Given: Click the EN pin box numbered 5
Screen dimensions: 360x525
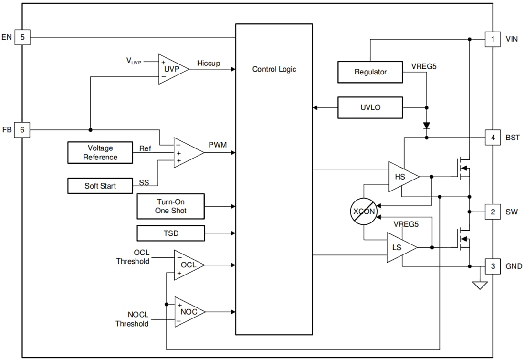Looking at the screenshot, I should pyautogui.click(x=22, y=37).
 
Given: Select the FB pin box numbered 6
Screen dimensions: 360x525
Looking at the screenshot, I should pyautogui.click(x=22, y=130).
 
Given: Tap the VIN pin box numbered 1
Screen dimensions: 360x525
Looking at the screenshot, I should pyautogui.click(x=493, y=39).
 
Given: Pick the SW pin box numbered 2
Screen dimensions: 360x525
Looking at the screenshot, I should pyautogui.click(x=493, y=212).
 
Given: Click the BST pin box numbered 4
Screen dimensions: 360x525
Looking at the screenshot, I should pyautogui.click(x=493, y=138).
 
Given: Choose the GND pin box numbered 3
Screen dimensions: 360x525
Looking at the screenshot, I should pyautogui.click(x=493, y=266).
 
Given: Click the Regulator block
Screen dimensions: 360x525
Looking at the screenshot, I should pyautogui.click(x=370, y=72).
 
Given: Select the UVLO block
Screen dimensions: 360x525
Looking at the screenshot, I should pyautogui.click(x=370, y=107).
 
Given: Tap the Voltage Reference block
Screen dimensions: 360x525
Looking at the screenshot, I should pyautogui.click(x=100, y=153).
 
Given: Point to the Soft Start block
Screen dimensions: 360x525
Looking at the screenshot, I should pyautogui.click(x=100, y=186).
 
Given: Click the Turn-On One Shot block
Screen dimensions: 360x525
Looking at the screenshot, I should pyautogui.click(x=170, y=206).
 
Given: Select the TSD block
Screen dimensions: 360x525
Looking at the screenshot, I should pyautogui.click(x=170, y=233).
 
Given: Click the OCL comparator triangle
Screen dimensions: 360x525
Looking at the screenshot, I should pyautogui.click(x=187, y=265).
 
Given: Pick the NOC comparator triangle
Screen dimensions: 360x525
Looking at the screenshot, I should pyautogui.click(x=187, y=312).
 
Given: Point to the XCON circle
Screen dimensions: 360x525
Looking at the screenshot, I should pyautogui.click(x=364, y=212).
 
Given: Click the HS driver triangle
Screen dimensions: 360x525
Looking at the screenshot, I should pyautogui.click(x=400, y=177).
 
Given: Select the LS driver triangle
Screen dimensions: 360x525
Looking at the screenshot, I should pyautogui.click(x=399, y=247).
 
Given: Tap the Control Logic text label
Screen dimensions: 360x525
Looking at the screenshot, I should pyautogui.click(x=274, y=69).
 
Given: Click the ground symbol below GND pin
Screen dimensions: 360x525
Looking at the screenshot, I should pyautogui.click(x=480, y=285).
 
